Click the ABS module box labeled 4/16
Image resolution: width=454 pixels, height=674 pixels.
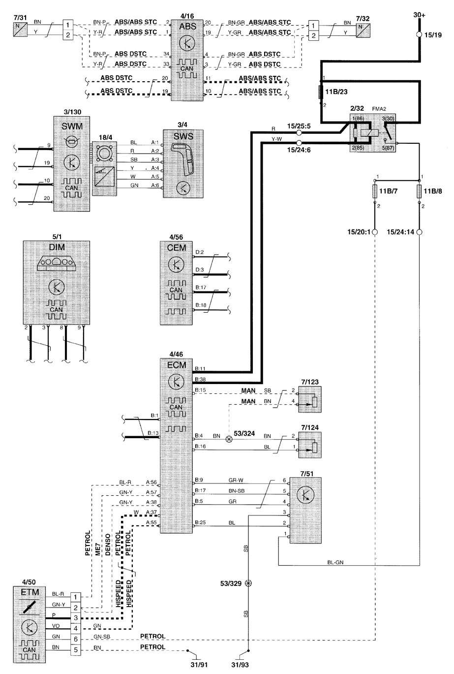tap(187, 60)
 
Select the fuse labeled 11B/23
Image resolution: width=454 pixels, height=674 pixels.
tap(321, 92)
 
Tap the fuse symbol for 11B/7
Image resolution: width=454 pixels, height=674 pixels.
tap(375, 192)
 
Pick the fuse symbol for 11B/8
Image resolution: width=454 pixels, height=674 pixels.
tap(419, 192)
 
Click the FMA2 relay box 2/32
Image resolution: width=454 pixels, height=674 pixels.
tap(372, 133)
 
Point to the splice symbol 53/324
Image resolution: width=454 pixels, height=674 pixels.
tap(229, 439)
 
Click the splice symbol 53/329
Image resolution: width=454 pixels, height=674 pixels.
tap(248, 583)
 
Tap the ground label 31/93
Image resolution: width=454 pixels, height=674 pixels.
tap(240, 665)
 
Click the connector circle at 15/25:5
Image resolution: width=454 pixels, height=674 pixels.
tap(299, 133)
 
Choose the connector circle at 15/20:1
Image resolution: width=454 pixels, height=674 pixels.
tap(375, 232)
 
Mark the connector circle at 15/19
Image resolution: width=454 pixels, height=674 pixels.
tap(419, 34)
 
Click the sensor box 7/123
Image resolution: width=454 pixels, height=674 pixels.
tap(310, 399)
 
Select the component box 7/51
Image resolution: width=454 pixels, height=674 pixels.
tap(305, 510)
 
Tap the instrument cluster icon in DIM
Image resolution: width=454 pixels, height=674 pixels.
tap(57, 263)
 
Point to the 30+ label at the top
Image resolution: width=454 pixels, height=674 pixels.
tap(419, 15)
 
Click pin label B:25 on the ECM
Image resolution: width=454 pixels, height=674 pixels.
tap(200, 522)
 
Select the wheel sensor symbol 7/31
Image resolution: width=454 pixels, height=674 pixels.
tap(21, 29)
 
